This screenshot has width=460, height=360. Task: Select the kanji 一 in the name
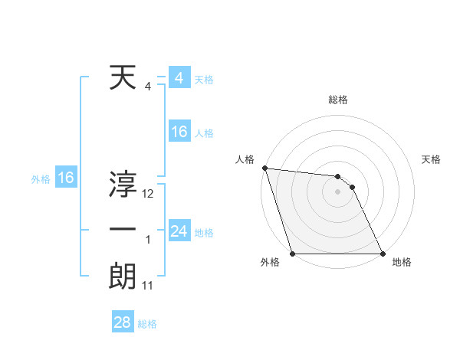click(123, 230)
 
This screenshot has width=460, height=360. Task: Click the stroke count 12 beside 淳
click(148, 194)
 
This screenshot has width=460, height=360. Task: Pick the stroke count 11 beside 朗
click(148, 286)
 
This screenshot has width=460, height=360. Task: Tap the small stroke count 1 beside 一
click(148, 240)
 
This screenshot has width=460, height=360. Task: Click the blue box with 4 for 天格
click(179, 78)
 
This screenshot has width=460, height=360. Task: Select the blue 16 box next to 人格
click(179, 132)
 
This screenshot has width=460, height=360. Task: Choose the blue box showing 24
click(179, 231)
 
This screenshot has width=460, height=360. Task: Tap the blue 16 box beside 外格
click(65, 178)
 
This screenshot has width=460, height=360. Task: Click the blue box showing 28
click(122, 322)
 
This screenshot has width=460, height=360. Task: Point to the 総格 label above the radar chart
click(338, 100)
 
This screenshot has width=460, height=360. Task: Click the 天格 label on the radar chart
click(432, 159)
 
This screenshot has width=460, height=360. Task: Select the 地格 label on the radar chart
click(402, 263)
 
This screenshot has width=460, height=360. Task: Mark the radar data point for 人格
click(264, 168)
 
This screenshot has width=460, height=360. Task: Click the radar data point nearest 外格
click(293, 254)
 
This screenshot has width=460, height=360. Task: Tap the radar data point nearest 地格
click(382, 254)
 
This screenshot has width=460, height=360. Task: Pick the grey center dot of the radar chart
click(337, 191)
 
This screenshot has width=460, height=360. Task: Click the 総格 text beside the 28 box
click(147, 324)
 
